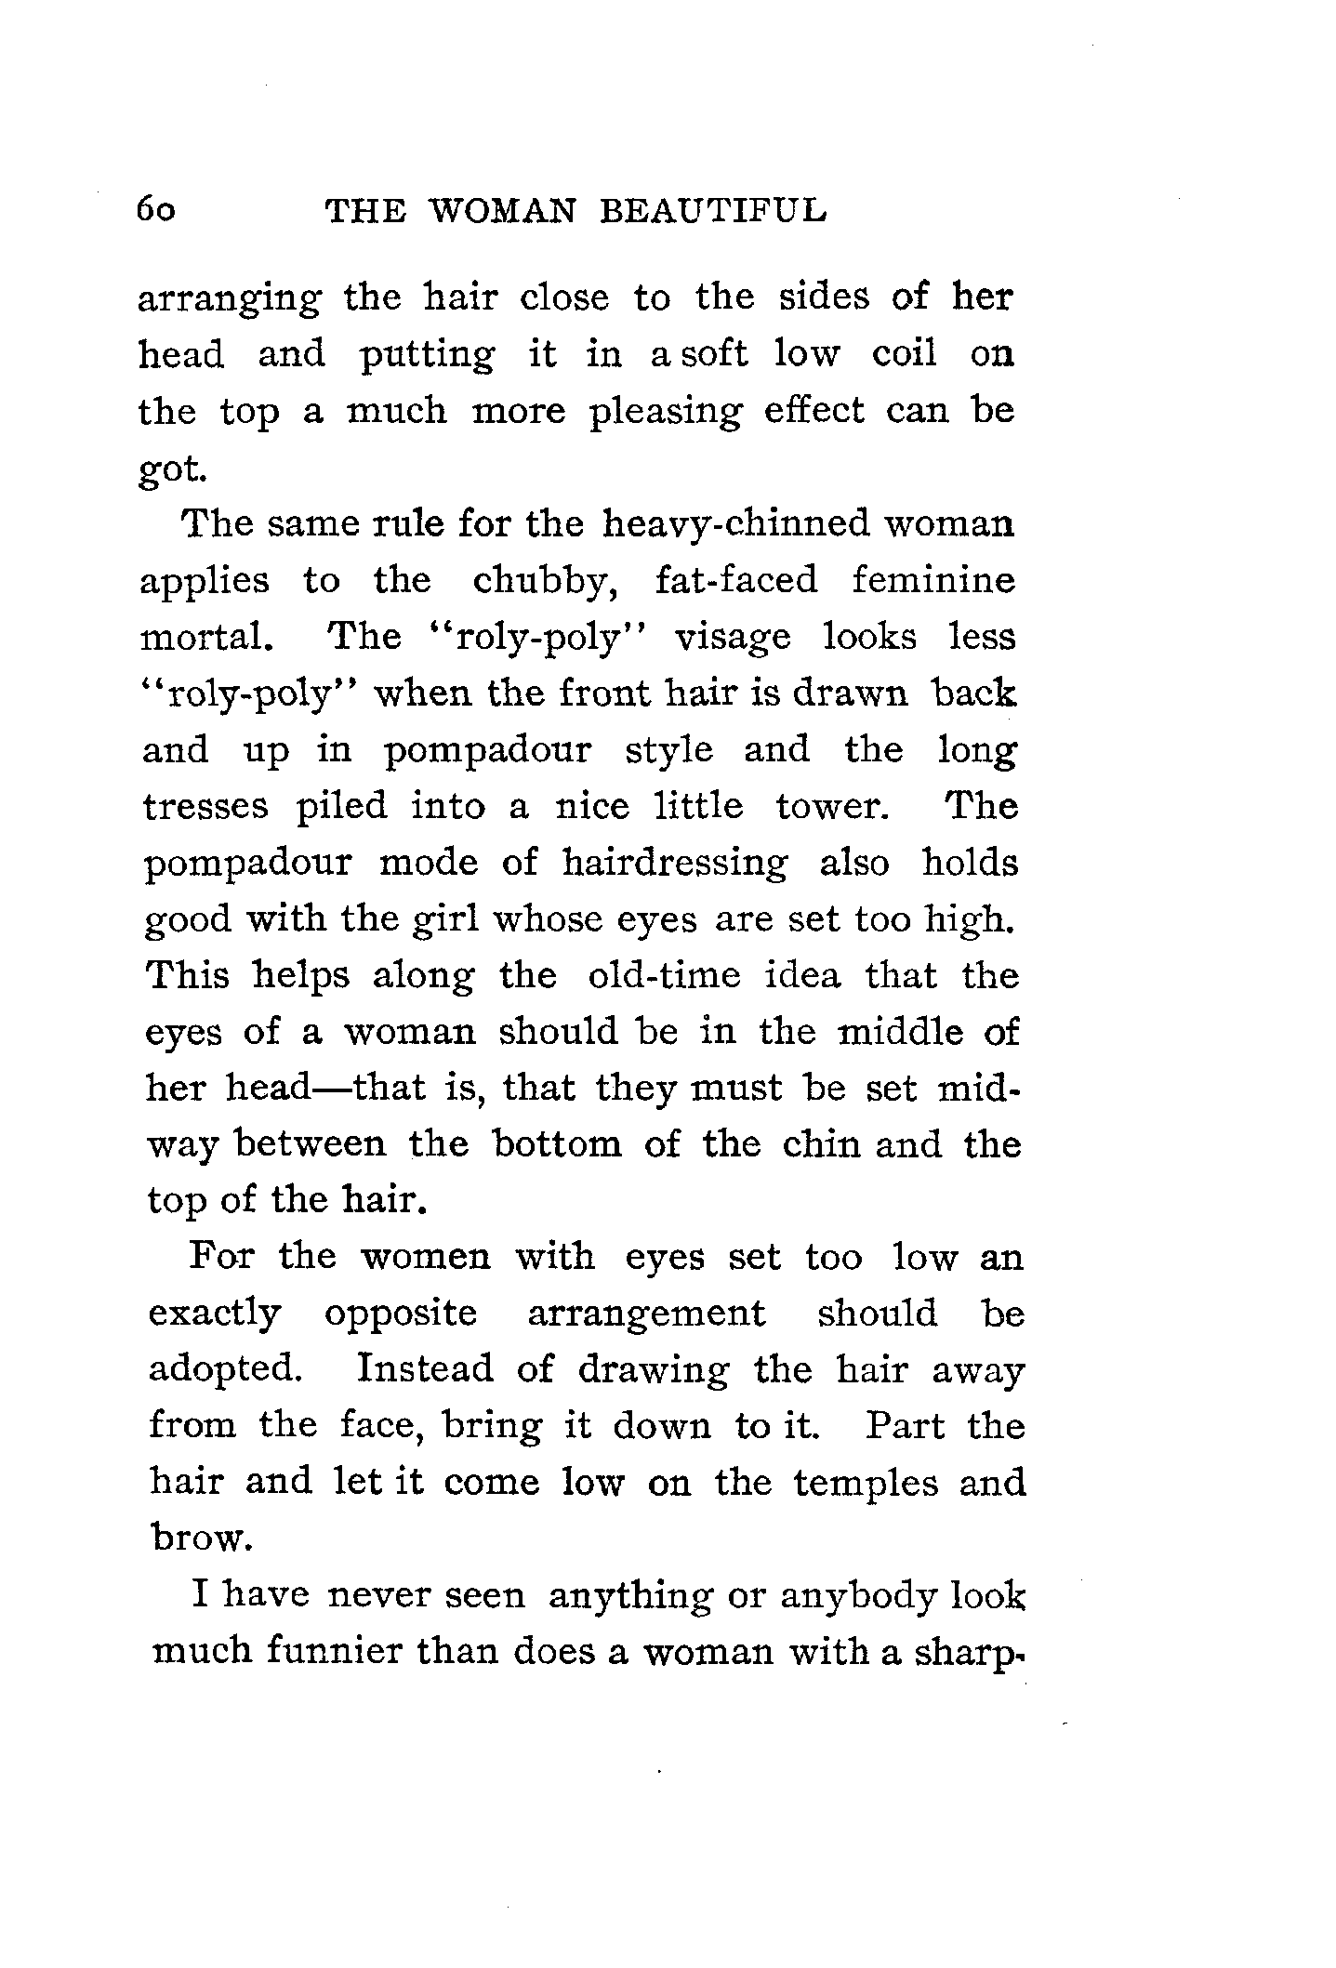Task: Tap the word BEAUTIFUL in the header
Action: pyautogui.click(x=713, y=211)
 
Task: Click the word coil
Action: pyautogui.click(x=904, y=354)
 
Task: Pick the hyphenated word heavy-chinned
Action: pyautogui.click(x=734, y=525)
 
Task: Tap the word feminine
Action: pyautogui.click(x=933, y=581)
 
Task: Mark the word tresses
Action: pyautogui.click(x=205, y=806)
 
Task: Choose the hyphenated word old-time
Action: pyautogui.click(x=665, y=976)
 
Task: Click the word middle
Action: pyautogui.click(x=899, y=1033)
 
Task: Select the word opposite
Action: pyautogui.click(x=401, y=1314)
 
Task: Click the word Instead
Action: pyautogui.click(x=425, y=1370)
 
